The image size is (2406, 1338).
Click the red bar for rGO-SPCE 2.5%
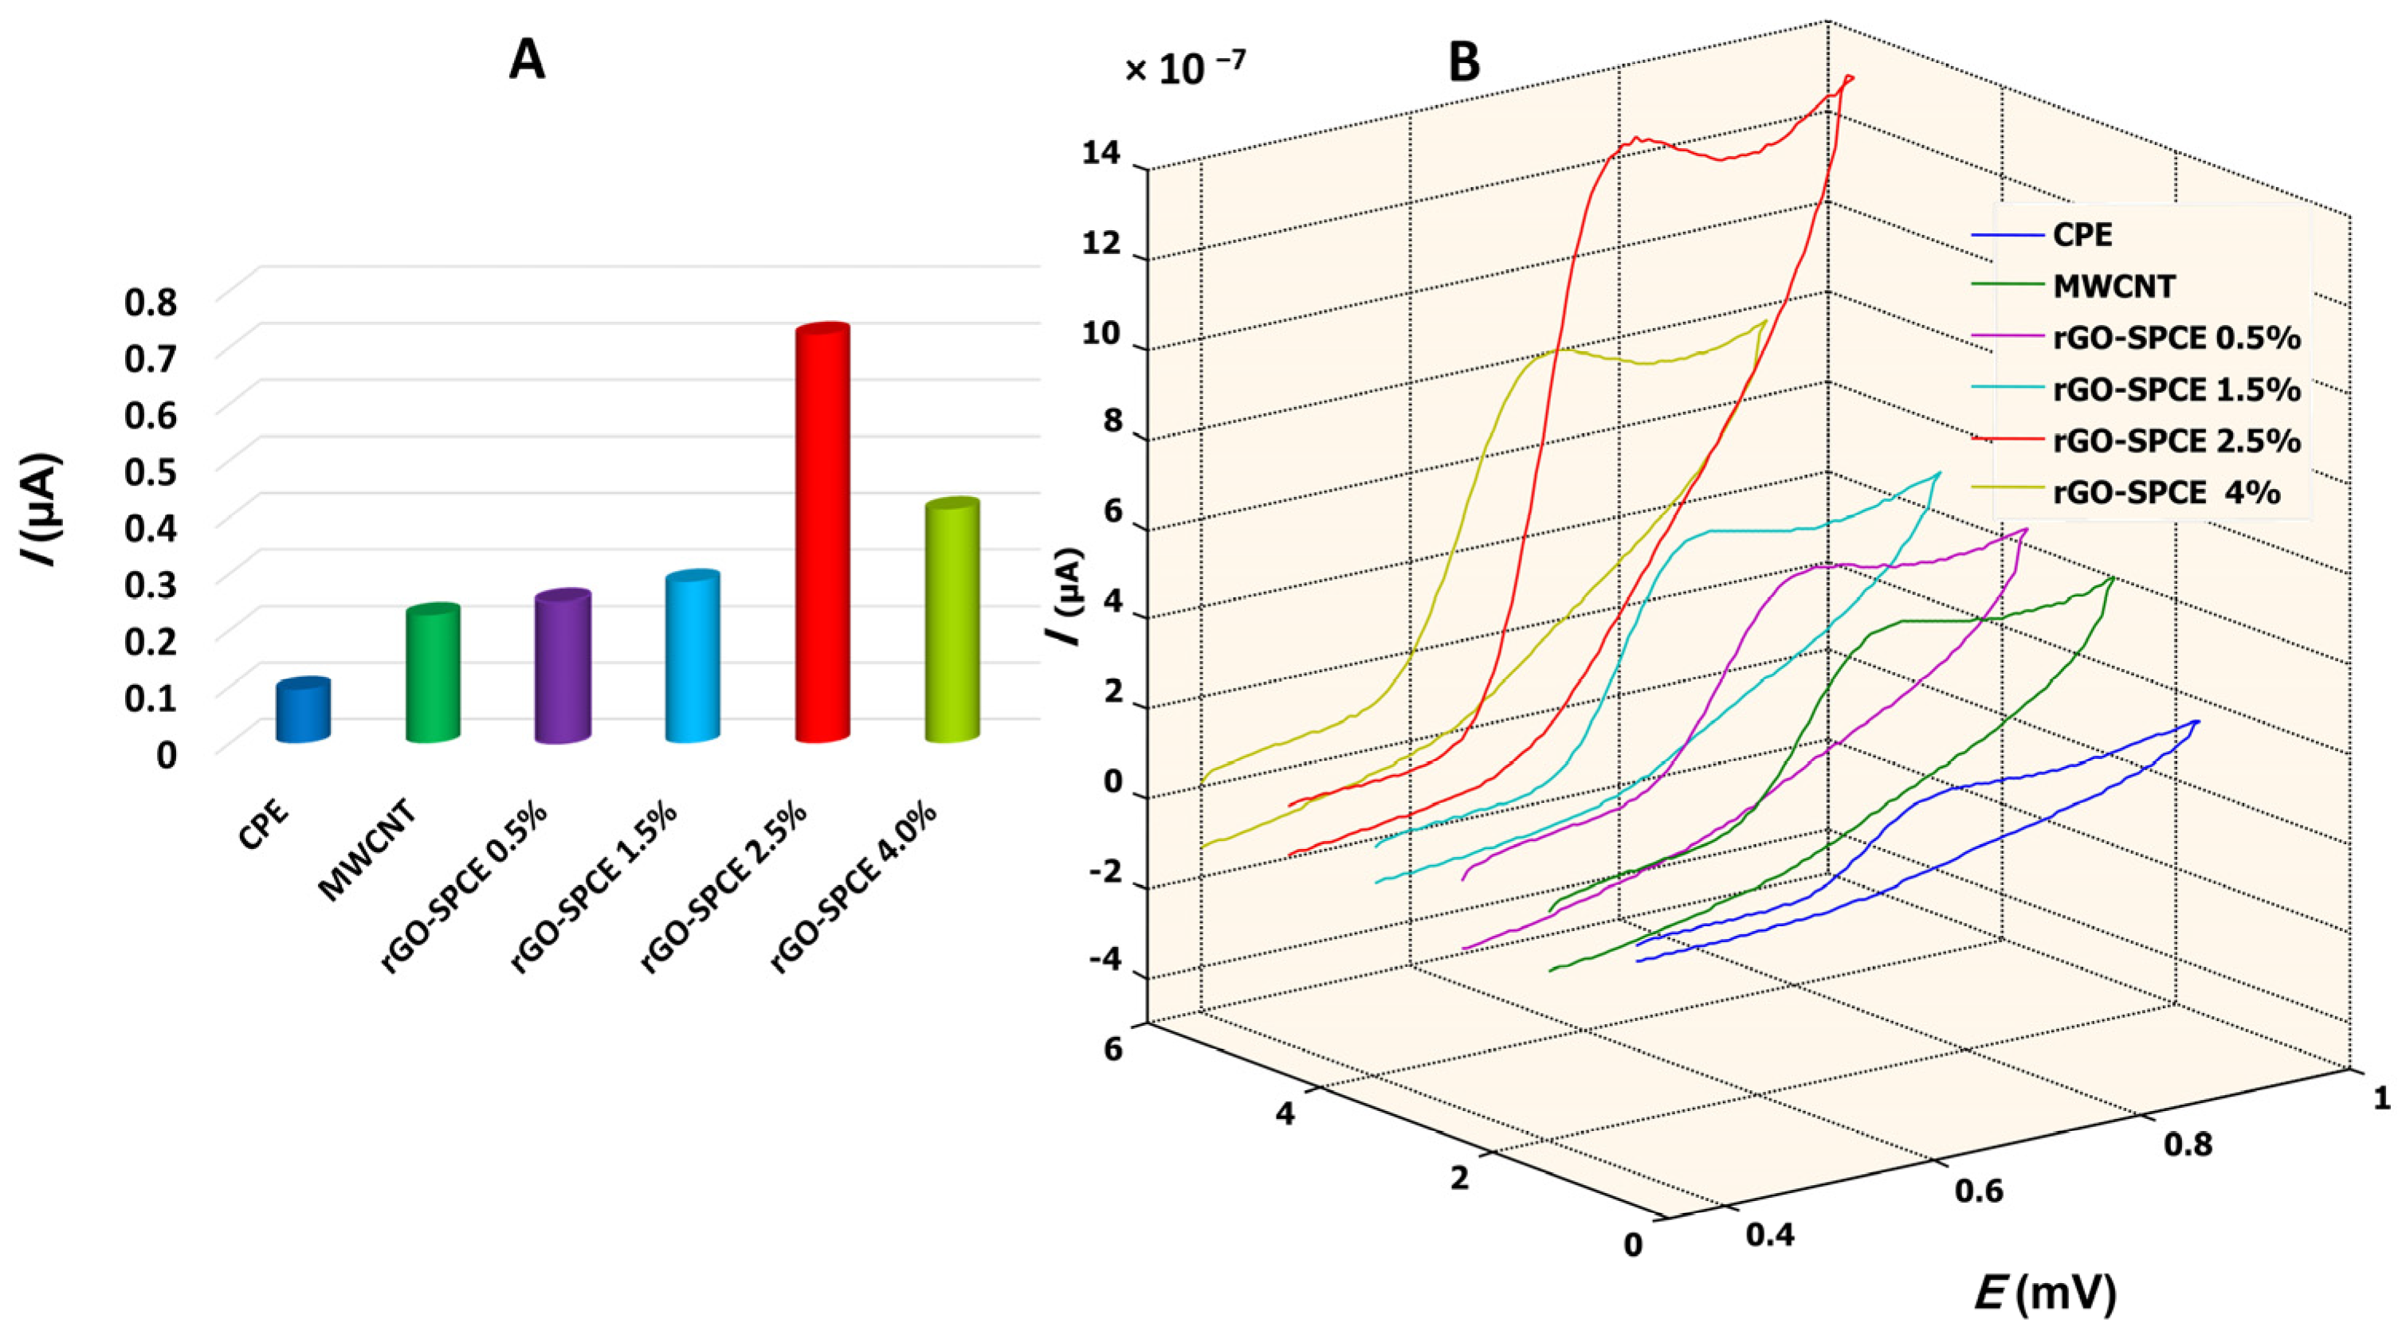coord(822,532)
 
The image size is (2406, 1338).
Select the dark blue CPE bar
coord(303,711)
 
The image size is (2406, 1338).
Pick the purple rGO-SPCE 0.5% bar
coord(563,667)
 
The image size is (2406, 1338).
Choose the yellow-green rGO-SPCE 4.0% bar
coord(952,621)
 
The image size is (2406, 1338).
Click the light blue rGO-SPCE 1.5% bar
coord(692,656)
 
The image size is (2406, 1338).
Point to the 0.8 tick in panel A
coord(151,303)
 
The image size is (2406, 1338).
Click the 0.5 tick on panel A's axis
coord(151,472)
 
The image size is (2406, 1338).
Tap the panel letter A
coord(527,61)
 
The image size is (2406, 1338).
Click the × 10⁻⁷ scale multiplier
coord(1184,69)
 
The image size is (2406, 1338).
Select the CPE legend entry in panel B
coord(2082,234)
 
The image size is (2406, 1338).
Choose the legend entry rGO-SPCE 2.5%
coord(2176,440)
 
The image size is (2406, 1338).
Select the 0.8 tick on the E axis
coord(2188,1144)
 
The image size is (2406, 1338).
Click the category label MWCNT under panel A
coord(369,855)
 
